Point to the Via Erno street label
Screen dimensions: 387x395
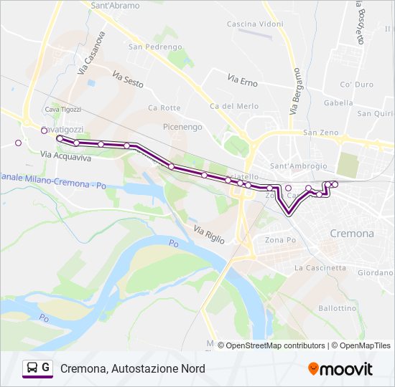click(x=243, y=77)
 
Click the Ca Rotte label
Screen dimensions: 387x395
click(x=164, y=108)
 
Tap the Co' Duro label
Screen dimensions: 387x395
click(x=357, y=85)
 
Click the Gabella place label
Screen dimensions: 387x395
click(x=338, y=102)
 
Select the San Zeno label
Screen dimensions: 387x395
click(x=320, y=133)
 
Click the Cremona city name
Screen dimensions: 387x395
click(x=351, y=234)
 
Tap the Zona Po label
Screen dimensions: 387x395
click(x=280, y=240)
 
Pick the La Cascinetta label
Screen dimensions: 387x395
click(x=320, y=268)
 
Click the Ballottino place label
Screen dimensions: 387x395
click(x=337, y=308)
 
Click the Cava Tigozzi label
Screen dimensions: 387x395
click(x=62, y=110)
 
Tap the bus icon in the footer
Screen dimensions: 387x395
click(x=33, y=368)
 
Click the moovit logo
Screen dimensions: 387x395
click(x=340, y=369)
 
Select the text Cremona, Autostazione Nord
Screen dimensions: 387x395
click(x=133, y=368)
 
